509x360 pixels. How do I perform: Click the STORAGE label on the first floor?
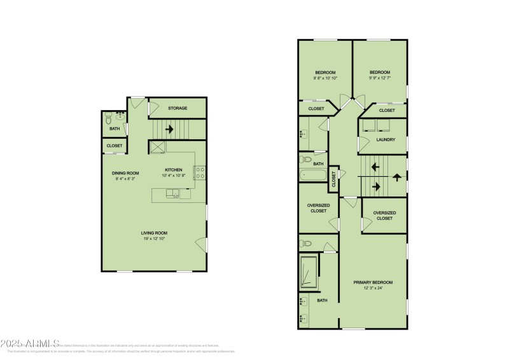pos(178,108)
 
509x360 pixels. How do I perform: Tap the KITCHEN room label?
pos(174,170)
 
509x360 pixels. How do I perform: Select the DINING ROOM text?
pos(125,173)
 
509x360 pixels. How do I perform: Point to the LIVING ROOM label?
pos(155,233)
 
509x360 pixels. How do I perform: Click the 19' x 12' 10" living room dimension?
pos(155,239)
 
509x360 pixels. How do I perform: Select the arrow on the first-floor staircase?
pos(169,129)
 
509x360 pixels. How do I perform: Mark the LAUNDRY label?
pos(386,139)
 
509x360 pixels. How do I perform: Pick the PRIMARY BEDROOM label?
pos(373,282)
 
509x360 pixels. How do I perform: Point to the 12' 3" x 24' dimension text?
pos(373,288)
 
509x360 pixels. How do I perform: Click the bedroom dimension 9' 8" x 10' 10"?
pos(325,78)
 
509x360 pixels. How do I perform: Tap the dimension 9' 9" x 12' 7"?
pos(380,78)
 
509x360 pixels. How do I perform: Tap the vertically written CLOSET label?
pos(334,180)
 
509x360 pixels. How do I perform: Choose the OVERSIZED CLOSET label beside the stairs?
pos(384,216)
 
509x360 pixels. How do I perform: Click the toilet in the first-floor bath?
pos(109,118)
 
